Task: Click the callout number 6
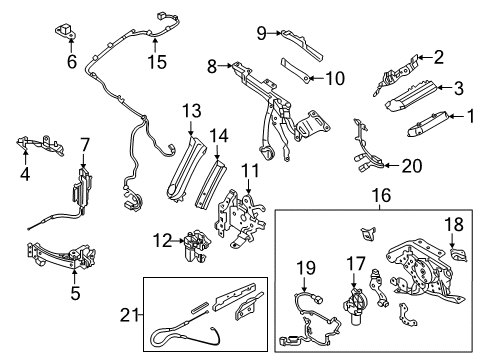[72, 61]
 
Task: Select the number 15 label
[157, 61]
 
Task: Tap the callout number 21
[129, 314]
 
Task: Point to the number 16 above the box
[381, 195]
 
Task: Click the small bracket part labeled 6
[65, 30]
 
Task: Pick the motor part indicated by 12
[196, 245]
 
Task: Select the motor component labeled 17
[355, 305]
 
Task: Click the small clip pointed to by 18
[459, 254]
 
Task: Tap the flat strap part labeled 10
[297, 69]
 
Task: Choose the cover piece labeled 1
[428, 123]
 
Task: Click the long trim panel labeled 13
[185, 167]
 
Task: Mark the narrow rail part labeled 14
[211, 184]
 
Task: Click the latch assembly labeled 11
[241, 218]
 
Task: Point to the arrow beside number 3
[444, 87]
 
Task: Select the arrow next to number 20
[392, 165]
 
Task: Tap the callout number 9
[262, 33]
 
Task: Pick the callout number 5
[75, 293]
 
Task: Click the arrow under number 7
[83, 160]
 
